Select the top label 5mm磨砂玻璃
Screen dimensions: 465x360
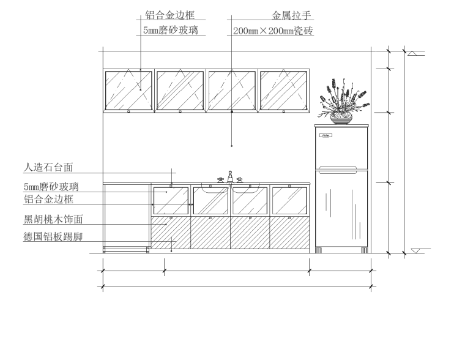pyautogui.click(x=170, y=29)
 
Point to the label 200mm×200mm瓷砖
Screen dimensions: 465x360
pyautogui.click(x=273, y=30)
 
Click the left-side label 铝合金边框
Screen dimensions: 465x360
pyautogui.click(x=48, y=200)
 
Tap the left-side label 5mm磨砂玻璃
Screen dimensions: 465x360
pyautogui.click(x=51, y=187)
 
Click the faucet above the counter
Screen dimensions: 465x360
pyautogui.click(x=230, y=177)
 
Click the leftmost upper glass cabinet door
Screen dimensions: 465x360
pyautogui.click(x=128, y=90)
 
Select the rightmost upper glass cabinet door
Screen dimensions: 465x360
pyautogui.click(x=283, y=90)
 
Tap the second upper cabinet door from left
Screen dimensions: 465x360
pyautogui.click(x=180, y=90)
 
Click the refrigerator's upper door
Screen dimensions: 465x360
pyautogui.click(x=342, y=148)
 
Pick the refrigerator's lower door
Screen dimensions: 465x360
pyautogui.click(x=342, y=208)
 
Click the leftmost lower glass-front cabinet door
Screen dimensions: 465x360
pyautogui.click(x=170, y=200)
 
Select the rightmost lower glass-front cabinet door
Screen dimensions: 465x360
pyautogui.click(x=289, y=200)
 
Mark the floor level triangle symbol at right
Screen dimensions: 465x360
pyautogui.click(x=416, y=250)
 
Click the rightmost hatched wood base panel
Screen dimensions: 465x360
pyautogui.click(x=289, y=233)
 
